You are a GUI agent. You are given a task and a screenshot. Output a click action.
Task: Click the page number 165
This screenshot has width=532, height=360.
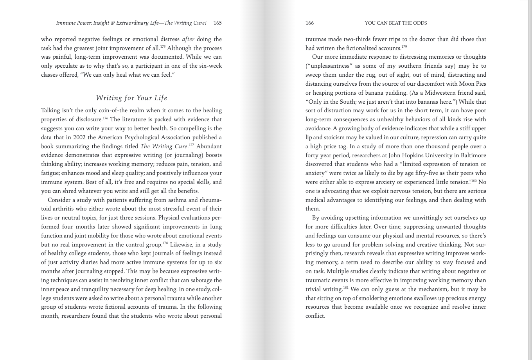point(217,23)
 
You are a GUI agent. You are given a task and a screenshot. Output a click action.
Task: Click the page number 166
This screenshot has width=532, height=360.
point(309,23)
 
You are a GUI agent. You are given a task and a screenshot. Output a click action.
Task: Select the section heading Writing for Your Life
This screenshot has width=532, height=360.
point(131,98)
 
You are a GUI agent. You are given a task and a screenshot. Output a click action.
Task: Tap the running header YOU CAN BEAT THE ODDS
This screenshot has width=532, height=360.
point(395,23)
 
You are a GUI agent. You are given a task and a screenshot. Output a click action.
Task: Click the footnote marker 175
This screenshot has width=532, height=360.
point(163,47)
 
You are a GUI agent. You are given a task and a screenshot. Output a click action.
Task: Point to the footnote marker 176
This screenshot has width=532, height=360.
point(105,118)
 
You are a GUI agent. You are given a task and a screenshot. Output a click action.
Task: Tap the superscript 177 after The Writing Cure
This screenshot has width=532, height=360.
point(191,145)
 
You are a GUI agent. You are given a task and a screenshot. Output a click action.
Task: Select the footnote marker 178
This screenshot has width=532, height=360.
point(165,243)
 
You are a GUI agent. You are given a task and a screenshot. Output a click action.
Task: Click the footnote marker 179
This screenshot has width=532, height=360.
point(404,47)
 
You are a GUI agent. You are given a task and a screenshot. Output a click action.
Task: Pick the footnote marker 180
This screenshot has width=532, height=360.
point(474,181)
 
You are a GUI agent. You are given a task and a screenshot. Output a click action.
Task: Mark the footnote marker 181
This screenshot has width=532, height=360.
point(345,288)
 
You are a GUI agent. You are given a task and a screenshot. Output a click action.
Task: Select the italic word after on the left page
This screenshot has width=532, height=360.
point(188,39)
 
